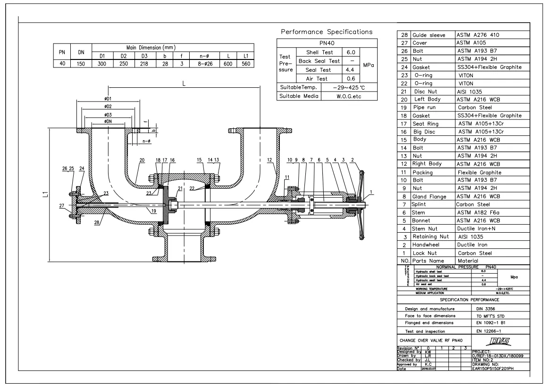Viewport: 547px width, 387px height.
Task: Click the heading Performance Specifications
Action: click(x=327, y=32)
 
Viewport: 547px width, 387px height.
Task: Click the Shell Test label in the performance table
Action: click(x=320, y=52)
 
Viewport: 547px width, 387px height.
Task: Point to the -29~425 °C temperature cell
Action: click(x=348, y=87)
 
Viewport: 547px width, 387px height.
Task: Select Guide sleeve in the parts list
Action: click(x=429, y=35)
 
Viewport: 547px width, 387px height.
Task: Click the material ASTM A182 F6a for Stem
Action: click(x=476, y=213)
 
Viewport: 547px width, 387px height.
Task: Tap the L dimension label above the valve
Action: click(x=184, y=83)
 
